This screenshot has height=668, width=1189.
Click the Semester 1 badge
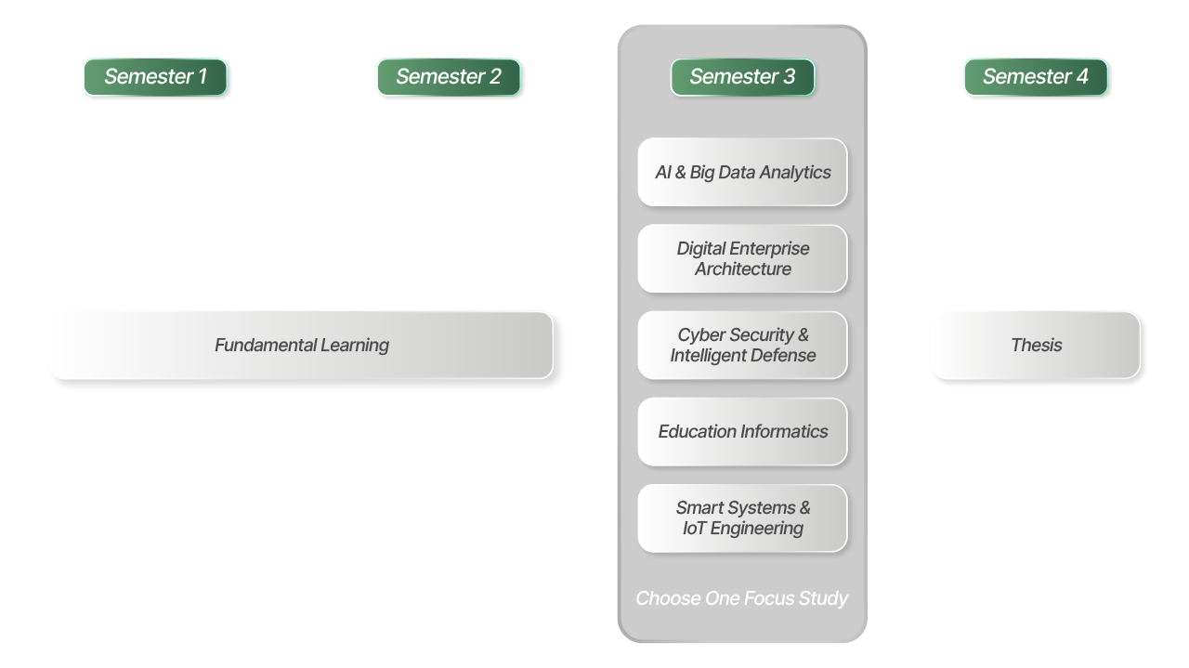pos(155,77)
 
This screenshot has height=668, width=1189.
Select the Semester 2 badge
pos(449,77)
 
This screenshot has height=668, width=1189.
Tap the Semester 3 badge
pos(742,77)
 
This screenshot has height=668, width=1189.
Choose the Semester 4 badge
pos(1036,77)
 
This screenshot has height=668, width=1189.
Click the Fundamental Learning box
pos(301,345)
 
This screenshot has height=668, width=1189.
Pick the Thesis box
pos(1036,345)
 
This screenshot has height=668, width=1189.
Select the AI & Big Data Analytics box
pos(742,172)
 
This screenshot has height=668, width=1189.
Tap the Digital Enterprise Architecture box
pos(742,258)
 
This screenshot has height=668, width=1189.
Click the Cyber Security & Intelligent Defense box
pos(742,345)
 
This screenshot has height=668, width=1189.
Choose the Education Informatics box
pos(742,431)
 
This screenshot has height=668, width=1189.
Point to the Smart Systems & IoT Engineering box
pos(742,517)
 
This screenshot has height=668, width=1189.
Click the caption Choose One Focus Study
pos(741,598)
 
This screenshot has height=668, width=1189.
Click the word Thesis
pos(1036,345)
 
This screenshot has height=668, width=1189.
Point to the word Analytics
pos(795,172)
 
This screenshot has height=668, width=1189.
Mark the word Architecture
pos(743,269)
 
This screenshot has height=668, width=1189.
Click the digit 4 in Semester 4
pos(1081,77)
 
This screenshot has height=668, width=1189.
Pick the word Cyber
pos(701,334)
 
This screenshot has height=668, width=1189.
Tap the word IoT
pos(694,529)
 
